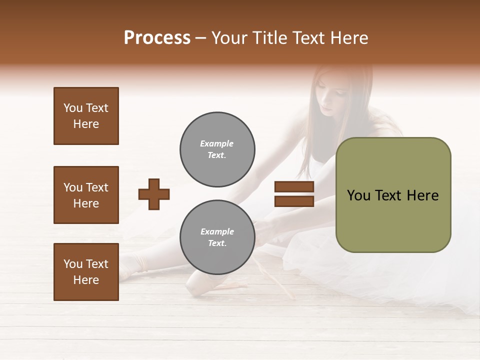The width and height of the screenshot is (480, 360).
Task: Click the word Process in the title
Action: point(157,38)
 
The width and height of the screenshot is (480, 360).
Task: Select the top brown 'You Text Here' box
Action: point(86,116)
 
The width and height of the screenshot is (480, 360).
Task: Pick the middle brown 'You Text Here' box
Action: point(86,195)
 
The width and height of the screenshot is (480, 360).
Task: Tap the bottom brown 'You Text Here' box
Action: point(86,272)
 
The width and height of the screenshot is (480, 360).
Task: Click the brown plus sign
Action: point(154,194)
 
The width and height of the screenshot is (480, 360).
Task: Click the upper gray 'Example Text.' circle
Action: point(217,149)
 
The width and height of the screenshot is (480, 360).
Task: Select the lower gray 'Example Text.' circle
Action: point(217,237)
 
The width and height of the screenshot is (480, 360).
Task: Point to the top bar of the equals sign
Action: point(294,187)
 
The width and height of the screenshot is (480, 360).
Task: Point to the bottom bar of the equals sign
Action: point(294,201)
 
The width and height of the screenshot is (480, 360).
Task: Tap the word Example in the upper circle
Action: point(217,143)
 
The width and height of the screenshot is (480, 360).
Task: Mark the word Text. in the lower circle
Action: point(217,243)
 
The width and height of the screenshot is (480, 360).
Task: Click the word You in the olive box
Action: point(358,195)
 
